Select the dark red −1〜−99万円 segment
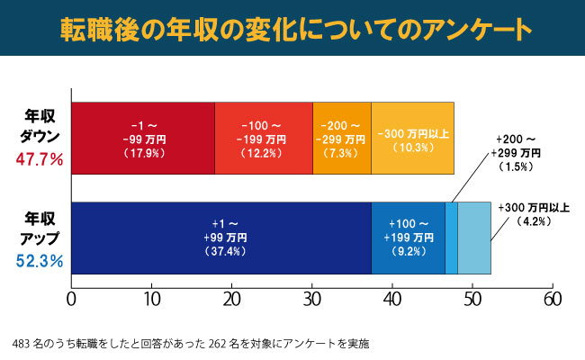142,138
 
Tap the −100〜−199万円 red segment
263,138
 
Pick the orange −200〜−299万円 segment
341,138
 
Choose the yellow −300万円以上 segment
412,138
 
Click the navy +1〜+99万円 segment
220,237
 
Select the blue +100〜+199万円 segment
408,237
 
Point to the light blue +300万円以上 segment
474,237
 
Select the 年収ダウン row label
40,125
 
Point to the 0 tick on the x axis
71,298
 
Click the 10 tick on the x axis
151,298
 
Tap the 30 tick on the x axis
312,298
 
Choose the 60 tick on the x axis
553,298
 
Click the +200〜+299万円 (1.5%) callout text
518,154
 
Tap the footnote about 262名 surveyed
192,344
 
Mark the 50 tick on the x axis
472,298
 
